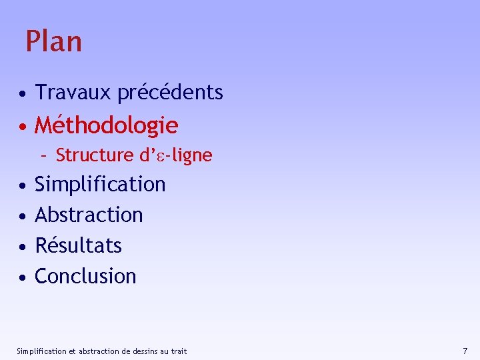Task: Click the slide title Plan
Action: click(53, 41)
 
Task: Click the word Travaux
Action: click(73, 92)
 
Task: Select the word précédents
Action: click(170, 92)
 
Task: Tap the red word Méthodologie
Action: click(106, 125)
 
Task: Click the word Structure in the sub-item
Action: click(95, 155)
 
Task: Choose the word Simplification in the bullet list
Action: click(100, 184)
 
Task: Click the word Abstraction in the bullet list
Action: click(89, 215)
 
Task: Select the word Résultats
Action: click(78, 245)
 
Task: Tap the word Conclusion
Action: click(85, 276)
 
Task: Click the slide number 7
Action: click(465, 351)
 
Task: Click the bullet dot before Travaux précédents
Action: click(23, 93)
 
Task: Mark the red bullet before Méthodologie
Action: click(23, 126)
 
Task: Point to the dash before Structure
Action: click(43, 156)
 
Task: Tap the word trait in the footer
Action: click(178, 351)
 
